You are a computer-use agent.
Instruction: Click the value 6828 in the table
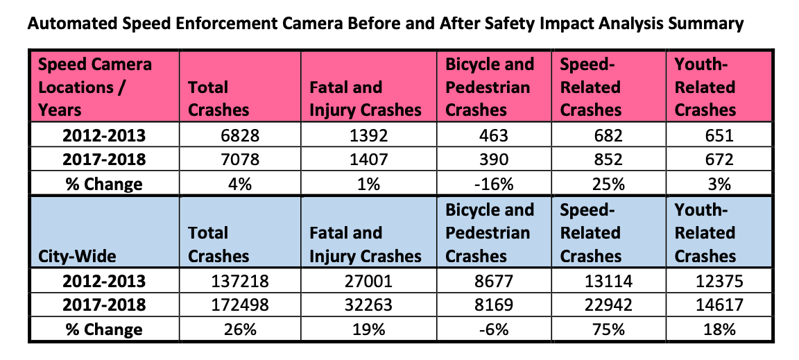click(239, 135)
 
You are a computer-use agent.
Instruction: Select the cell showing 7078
click(239, 159)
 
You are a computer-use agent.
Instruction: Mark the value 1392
click(370, 135)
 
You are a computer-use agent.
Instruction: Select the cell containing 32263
click(370, 305)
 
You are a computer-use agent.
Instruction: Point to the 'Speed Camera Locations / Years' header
click(94, 87)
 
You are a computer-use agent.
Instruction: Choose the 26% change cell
click(239, 329)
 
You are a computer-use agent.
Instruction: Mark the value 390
click(495, 159)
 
